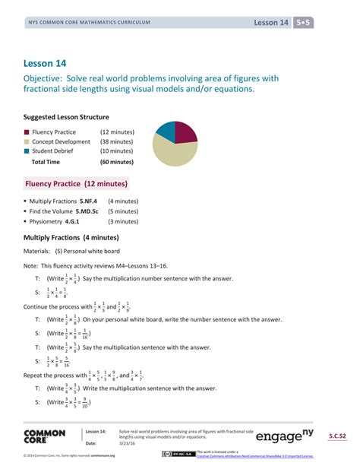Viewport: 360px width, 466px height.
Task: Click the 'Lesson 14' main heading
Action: tap(46, 63)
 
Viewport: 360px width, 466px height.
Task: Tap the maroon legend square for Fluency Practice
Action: tap(27, 132)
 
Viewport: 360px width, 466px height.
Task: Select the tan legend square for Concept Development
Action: tap(27, 141)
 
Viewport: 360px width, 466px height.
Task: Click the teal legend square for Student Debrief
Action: tap(27, 151)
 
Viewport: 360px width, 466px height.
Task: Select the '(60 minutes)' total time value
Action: tap(117, 162)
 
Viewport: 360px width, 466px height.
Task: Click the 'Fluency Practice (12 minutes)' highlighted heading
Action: tap(77, 184)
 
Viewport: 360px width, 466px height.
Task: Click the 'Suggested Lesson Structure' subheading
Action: tap(66, 117)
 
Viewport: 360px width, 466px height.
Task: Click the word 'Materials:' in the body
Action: tap(37, 251)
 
